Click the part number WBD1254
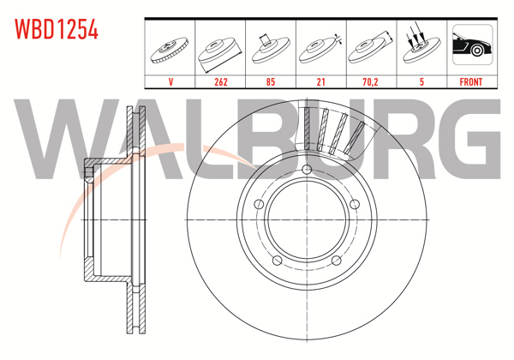point(56,30)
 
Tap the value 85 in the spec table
point(270,82)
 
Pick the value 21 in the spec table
point(320,82)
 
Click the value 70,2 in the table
point(370,82)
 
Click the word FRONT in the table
point(471,82)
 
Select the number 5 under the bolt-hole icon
point(421,82)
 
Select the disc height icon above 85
point(270,47)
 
